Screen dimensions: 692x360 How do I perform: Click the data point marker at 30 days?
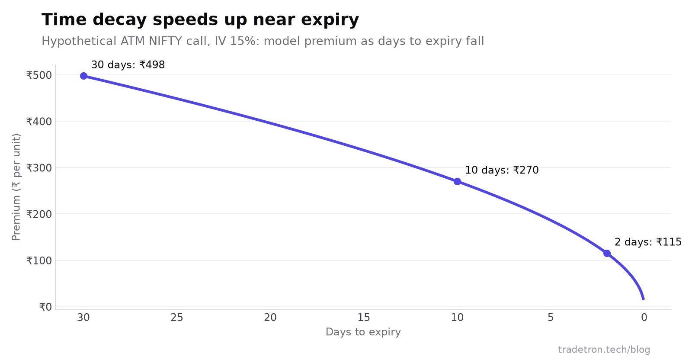[x=84, y=76]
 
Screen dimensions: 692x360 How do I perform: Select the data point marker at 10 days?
[x=458, y=182]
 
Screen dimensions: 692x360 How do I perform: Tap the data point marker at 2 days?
[x=607, y=254]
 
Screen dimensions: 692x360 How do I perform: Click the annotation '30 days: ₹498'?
[x=128, y=65]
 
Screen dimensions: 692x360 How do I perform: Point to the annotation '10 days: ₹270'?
[x=502, y=170]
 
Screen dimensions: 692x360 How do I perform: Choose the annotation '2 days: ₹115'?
[x=648, y=242]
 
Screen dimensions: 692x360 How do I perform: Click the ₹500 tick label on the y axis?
[x=39, y=75]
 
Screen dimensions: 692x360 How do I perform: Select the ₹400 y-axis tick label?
[x=39, y=122]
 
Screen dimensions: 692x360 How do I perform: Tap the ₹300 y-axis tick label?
[x=39, y=168]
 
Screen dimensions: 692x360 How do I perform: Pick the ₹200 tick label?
[x=39, y=214]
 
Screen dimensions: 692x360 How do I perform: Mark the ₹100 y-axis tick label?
[x=39, y=260]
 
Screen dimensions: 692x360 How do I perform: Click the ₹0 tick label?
[x=45, y=307]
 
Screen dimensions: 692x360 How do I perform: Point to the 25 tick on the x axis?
[x=177, y=318]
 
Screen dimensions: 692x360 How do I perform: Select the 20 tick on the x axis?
[x=270, y=318]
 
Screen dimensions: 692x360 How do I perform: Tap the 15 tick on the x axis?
[x=364, y=318]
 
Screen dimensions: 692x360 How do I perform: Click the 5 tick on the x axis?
[x=551, y=318]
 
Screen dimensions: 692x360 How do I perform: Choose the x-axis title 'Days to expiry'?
[x=363, y=332]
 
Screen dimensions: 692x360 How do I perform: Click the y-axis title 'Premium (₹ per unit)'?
[x=16, y=187]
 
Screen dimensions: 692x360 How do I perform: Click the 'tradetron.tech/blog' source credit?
[x=604, y=350]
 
